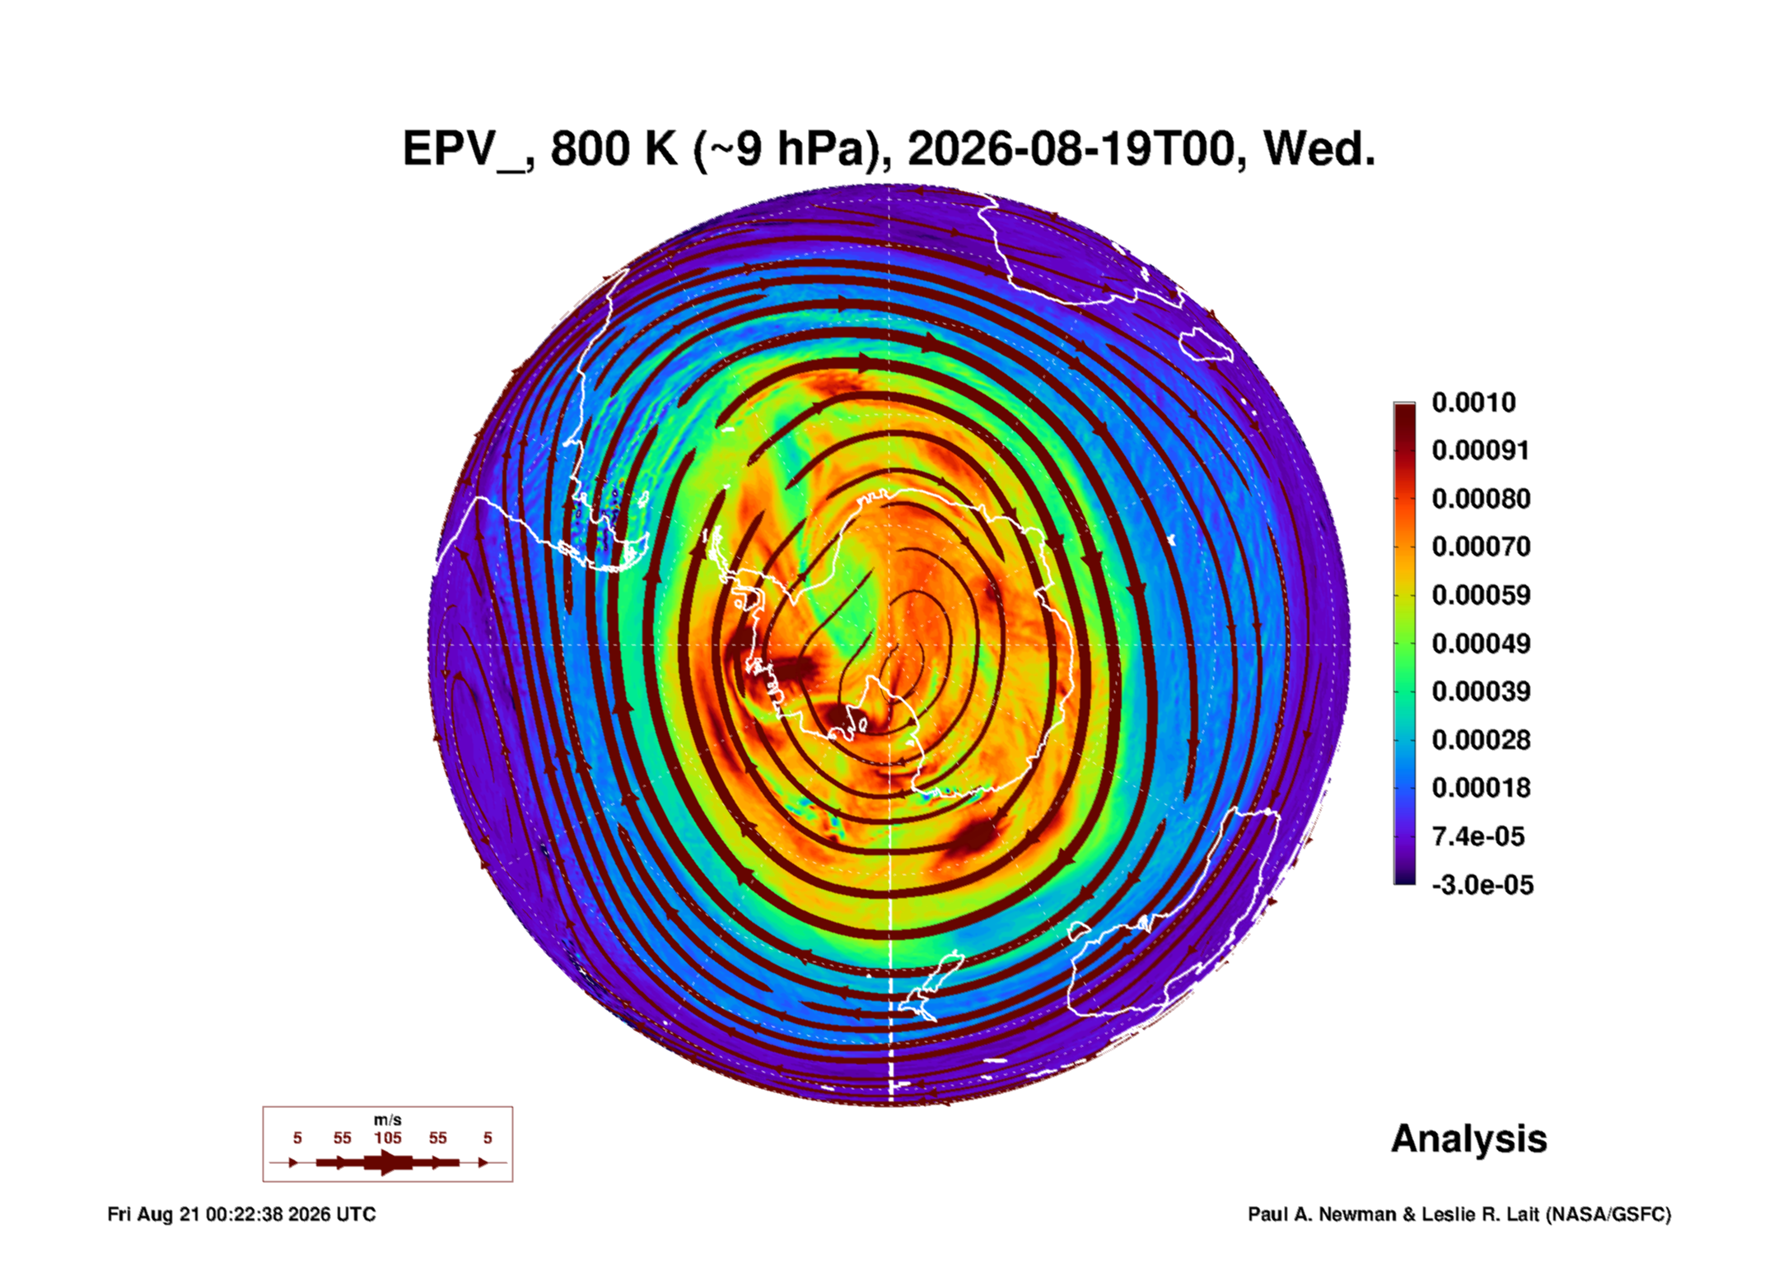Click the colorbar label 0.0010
1473,403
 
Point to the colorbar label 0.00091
1480,450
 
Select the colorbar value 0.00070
1481,547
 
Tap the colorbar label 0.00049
1481,643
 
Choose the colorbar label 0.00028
1481,739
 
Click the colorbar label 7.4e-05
1477,836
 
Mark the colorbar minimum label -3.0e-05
1482,885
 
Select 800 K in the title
614,149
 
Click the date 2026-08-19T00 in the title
1071,149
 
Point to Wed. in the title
1319,149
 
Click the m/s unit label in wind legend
388,1120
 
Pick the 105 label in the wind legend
388,1138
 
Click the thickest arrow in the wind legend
388,1162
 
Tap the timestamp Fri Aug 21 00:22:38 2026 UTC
241,1214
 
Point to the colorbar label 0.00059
1481,595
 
